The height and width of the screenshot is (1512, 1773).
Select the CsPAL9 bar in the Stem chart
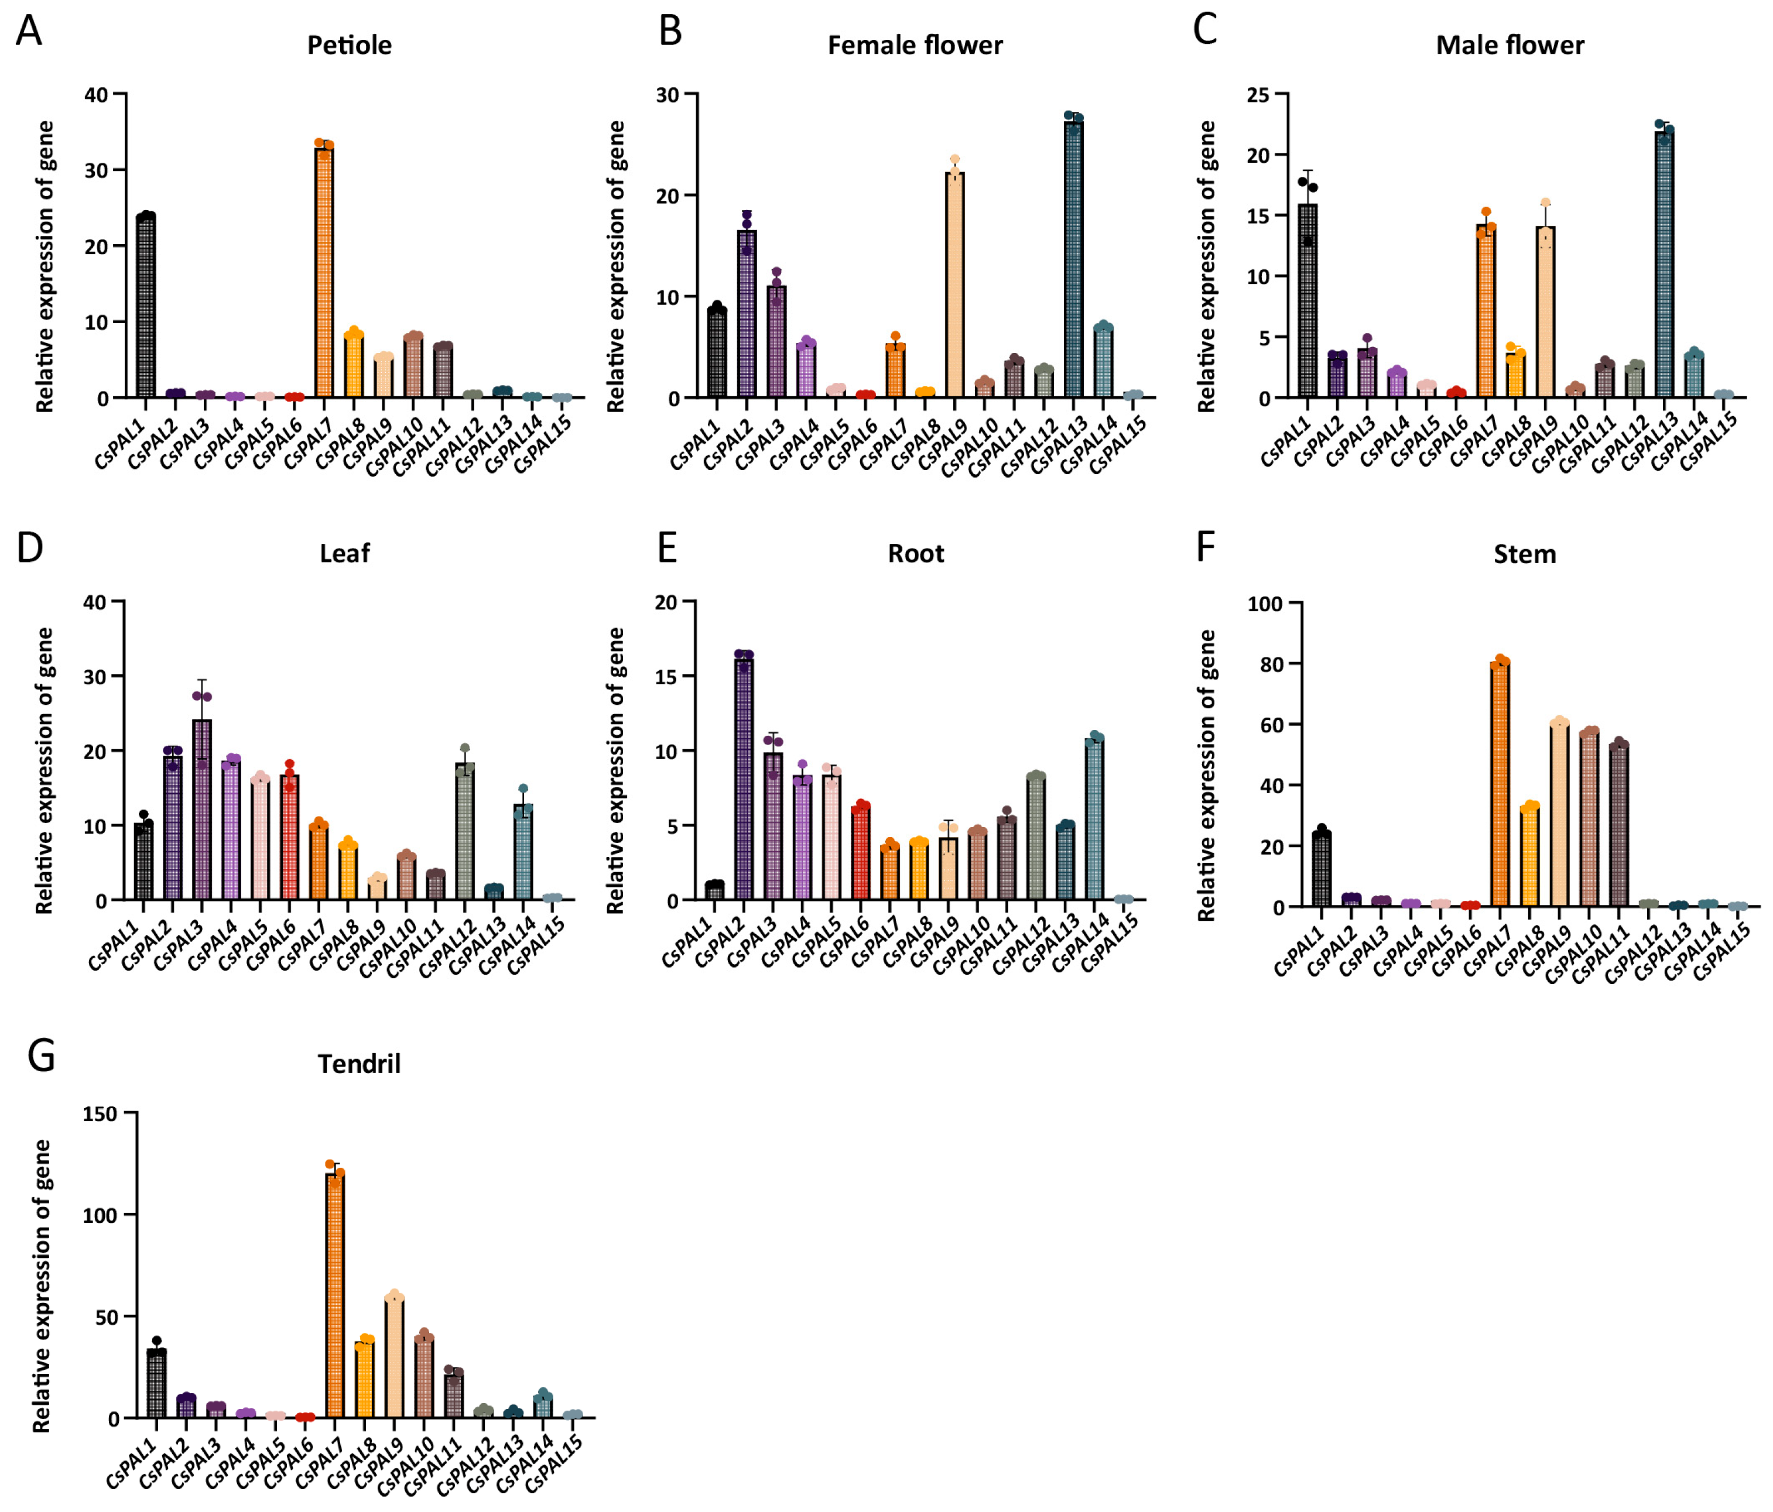(x=1559, y=815)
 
